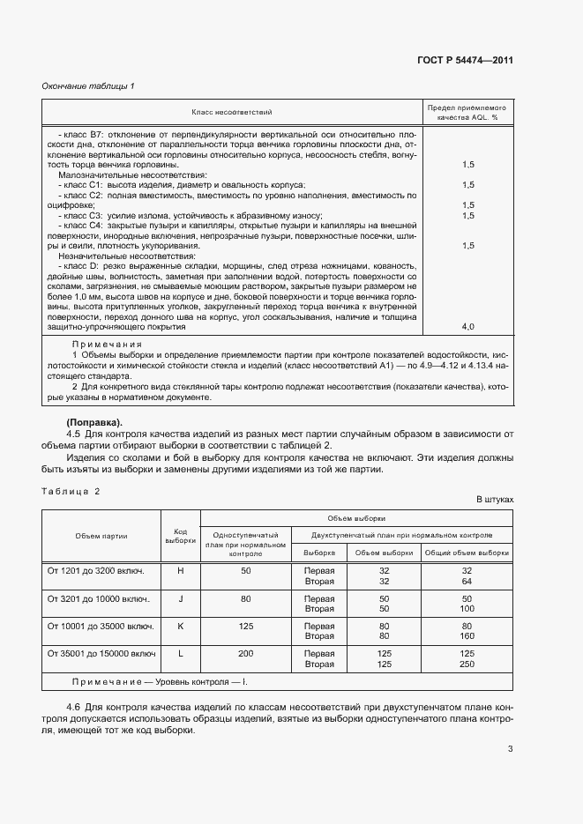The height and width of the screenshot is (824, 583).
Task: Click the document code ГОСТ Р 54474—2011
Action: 465,60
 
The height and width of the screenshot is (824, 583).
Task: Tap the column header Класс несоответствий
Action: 233,112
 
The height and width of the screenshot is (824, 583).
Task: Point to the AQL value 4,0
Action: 468,326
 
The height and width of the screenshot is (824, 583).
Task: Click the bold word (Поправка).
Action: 95,422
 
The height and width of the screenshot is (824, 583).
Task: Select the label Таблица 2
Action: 72,491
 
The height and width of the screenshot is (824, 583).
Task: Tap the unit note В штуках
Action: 495,499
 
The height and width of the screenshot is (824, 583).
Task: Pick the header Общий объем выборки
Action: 468,553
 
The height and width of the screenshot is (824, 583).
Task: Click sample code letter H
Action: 180,570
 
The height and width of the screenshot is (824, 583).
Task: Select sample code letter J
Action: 180,598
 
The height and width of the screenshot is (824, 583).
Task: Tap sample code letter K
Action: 180,626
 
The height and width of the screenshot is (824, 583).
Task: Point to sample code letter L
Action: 180,654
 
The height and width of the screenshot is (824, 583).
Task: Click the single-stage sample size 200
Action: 245,654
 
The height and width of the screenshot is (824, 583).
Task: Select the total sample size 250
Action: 468,664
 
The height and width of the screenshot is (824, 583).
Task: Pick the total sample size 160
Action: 468,636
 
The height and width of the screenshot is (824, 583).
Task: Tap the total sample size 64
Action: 468,581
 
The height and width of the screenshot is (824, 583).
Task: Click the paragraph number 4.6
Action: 75,708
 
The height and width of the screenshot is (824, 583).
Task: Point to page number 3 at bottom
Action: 510,749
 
